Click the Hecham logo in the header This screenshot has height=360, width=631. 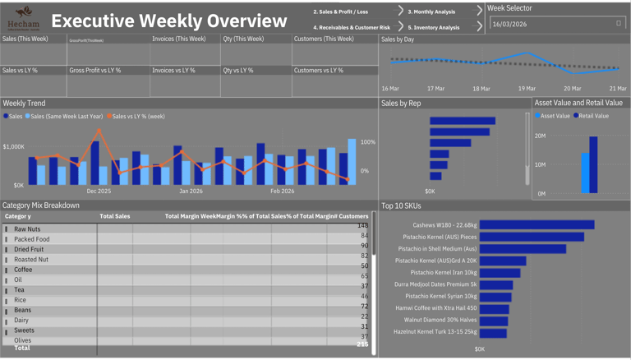click(x=24, y=17)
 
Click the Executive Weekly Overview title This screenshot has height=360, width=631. click(x=169, y=21)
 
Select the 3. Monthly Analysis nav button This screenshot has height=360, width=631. click(x=431, y=12)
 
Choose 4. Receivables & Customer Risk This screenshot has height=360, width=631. click(x=351, y=27)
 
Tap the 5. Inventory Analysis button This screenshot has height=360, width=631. click(x=434, y=27)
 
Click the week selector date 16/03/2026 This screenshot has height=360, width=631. click(x=510, y=24)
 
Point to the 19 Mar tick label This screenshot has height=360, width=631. click(x=527, y=88)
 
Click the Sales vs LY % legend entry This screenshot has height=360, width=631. click(x=139, y=116)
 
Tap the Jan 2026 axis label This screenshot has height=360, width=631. click(x=191, y=191)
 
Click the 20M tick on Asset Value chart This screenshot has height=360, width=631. click(x=540, y=136)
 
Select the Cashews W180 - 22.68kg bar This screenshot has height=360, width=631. click(x=537, y=224)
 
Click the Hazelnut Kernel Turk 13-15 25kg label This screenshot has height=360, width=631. click(x=435, y=331)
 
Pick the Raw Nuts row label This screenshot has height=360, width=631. click(x=27, y=229)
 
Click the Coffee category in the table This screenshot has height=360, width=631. click(x=23, y=270)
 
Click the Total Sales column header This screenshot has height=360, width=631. click(x=114, y=216)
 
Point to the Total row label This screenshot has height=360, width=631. click(x=22, y=348)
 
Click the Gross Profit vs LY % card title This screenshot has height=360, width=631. click(x=94, y=71)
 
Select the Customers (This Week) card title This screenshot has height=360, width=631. click(x=324, y=39)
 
